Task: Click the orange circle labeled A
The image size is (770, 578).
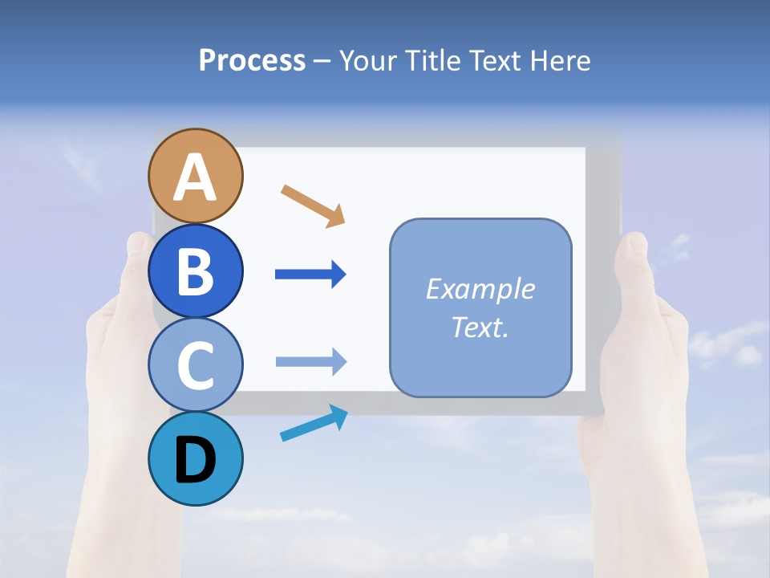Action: click(x=195, y=177)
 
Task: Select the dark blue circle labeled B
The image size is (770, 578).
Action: click(x=195, y=271)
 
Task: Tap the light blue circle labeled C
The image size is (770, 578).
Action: click(x=195, y=365)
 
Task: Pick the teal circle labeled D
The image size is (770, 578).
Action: click(x=195, y=459)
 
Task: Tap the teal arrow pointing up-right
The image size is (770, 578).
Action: click(x=314, y=423)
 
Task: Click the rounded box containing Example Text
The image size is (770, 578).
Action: click(x=480, y=307)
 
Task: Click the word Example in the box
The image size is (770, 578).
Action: click(x=480, y=289)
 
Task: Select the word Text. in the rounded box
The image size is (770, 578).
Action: click(x=480, y=328)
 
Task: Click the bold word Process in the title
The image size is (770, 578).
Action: click(x=252, y=60)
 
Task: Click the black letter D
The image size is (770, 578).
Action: click(x=195, y=461)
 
